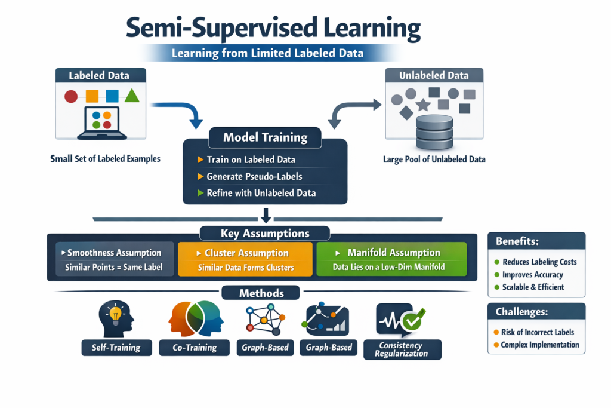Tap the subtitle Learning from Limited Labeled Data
tap(267, 53)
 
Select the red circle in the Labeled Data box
tap(70, 96)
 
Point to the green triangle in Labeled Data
tap(132, 95)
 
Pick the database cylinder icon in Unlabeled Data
tap(434, 133)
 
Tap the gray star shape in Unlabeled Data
tap(423, 105)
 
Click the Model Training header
tap(265, 137)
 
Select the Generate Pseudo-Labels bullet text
tap(254, 177)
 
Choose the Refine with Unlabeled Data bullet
tap(261, 193)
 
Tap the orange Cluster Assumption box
tap(245, 259)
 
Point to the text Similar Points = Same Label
tap(113, 268)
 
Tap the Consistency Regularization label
tap(402, 349)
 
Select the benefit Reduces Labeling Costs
tap(539, 262)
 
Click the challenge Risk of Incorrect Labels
tap(538, 332)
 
